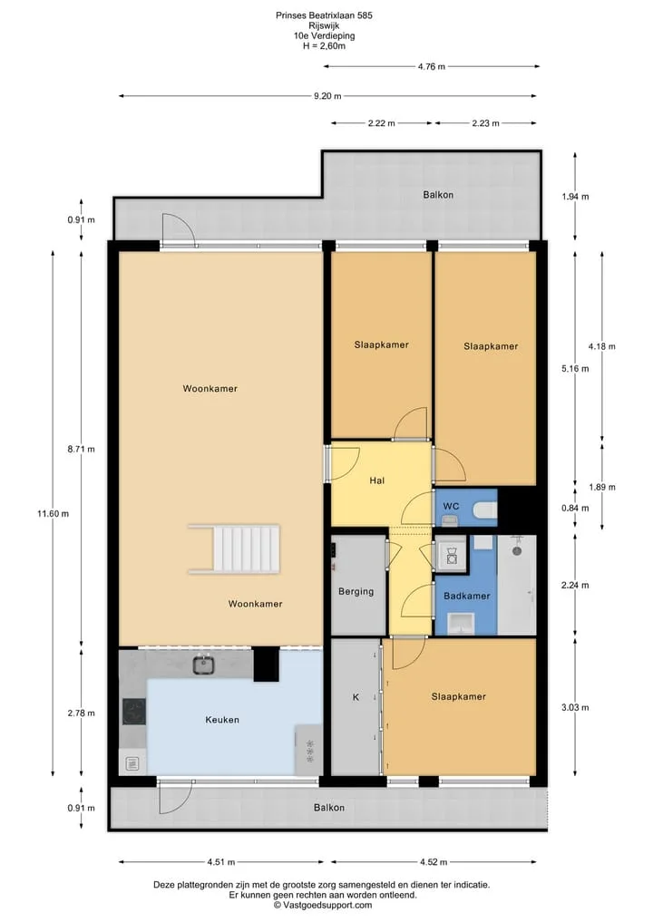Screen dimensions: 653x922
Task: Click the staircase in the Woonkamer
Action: click(x=234, y=549)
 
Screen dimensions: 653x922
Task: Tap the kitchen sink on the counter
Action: click(x=203, y=665)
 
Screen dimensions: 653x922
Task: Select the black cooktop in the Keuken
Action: click(x=134, y=712)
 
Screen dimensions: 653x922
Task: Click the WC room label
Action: click(x=452, y=506)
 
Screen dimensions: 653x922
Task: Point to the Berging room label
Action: click(x=356, y=591)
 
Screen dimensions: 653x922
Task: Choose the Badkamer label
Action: click(x=466, y=597)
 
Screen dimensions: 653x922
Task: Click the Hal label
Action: click(x=377, y=480)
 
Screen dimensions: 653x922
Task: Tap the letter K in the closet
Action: click(x=356, y=697)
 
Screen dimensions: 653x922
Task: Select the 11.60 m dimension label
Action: click(x=53, y=513)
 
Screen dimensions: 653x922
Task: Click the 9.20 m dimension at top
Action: click(x=327, y=96)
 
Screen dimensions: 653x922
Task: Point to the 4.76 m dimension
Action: click(x=432, y=66)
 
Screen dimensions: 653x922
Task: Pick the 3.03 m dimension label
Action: click(x=575, y=707)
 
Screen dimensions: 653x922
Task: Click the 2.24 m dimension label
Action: click(x=575, y=585)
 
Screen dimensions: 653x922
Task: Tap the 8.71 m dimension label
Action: click(x=82, y=450)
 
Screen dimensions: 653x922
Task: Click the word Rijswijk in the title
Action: click(x=324, y=26)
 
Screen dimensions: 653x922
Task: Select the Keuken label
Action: click(x=222, y=720)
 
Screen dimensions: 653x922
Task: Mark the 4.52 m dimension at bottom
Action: click(x=434, y=862)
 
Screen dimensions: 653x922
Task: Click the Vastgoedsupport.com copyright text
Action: click(x=323, y=905)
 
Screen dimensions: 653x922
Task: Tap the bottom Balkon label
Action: click(x=329, y=808)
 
